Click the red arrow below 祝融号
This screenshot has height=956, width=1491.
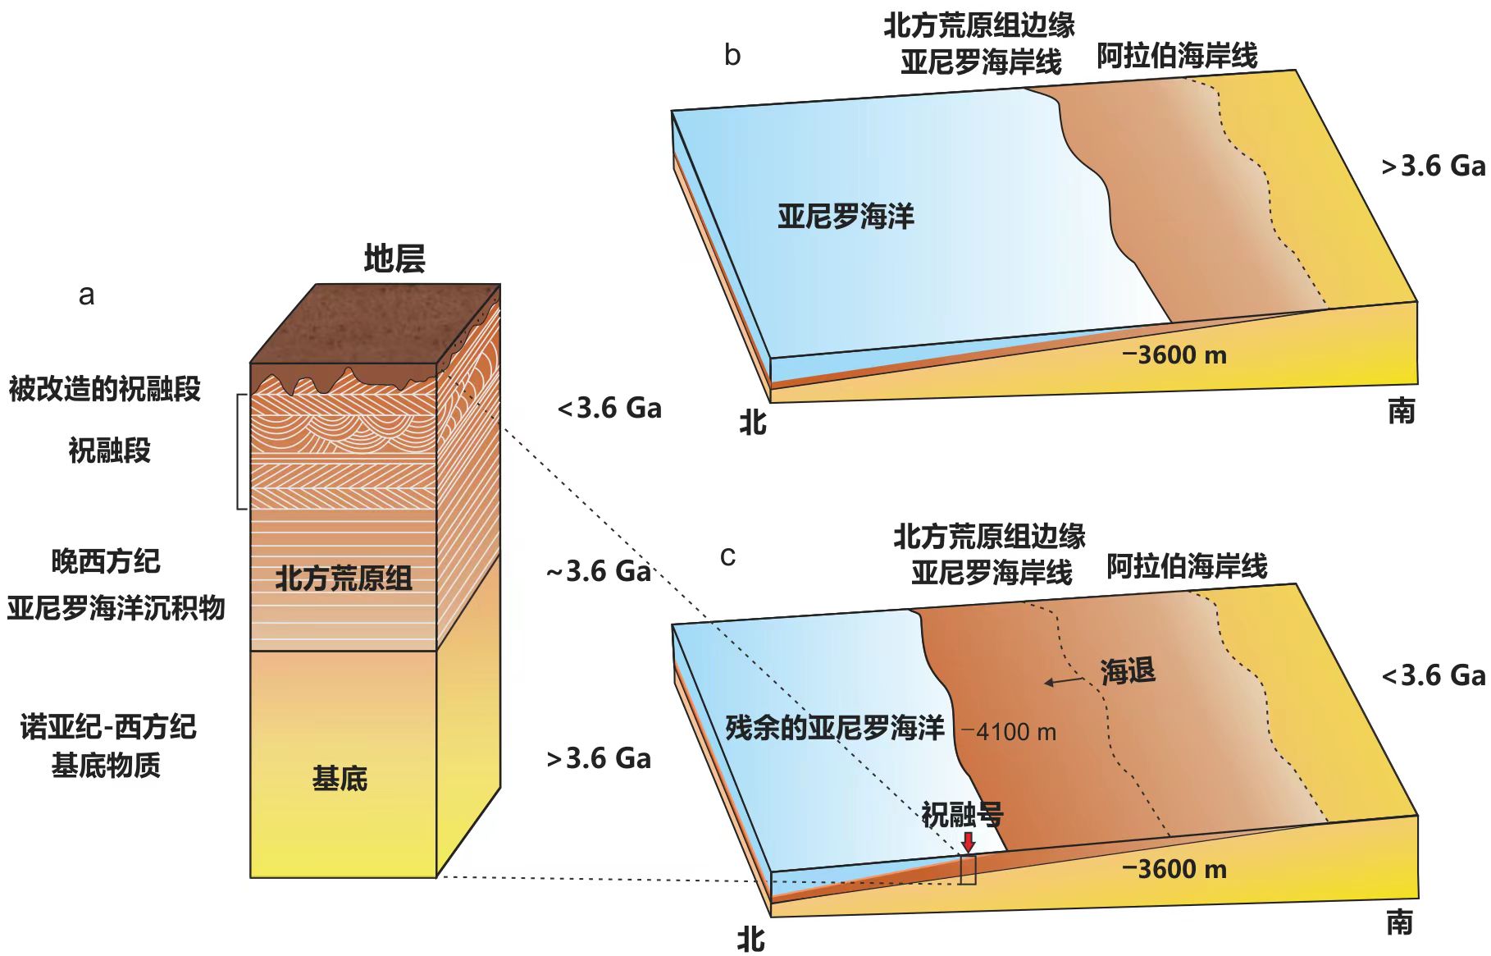pos(969,843)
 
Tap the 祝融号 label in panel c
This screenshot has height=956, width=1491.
pos(962,814)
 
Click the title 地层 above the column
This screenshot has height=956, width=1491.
pos(394,258)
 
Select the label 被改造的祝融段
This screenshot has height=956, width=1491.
pos(105,388)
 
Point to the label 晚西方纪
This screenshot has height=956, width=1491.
pos(106,561)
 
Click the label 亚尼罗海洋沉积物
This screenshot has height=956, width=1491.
pos(116,608)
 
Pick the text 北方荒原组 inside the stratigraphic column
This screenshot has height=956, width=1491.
pos(344,579)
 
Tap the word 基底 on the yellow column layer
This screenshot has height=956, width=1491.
pos(340,778)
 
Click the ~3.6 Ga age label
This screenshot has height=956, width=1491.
pos(599,571)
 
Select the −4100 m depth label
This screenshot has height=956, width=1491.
pos(1009,731)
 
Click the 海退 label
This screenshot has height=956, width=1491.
pos(1129,671)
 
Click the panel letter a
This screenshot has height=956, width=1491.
pos(86,295)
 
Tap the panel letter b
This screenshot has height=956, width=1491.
pos(732,55)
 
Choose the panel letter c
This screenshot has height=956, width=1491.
pos(727,557)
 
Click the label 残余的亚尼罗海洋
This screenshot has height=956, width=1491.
pos(835,728)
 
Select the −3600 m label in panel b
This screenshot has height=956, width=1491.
pos(1174,354)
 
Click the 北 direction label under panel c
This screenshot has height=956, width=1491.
pos(751,939)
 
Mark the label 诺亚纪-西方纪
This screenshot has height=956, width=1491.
pos(108,727)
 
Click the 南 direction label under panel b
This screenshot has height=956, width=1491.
pos(1402,410)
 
